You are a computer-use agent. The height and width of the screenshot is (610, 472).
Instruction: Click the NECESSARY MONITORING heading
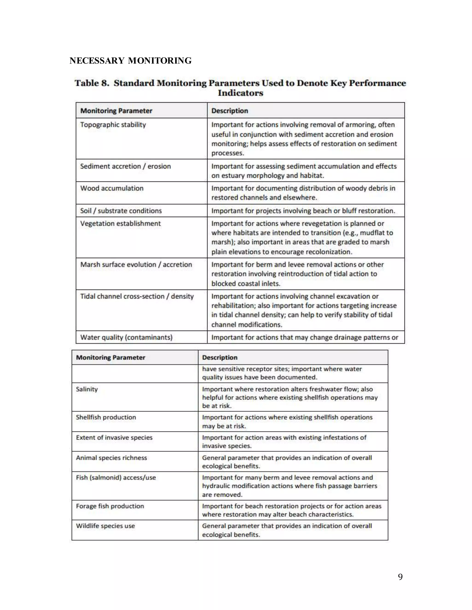click(x=130, y=61)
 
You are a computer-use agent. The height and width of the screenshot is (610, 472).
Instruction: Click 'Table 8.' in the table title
click(x=92, y=83)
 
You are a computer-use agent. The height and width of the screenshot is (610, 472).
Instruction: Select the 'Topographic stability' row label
click(x=113, y=125)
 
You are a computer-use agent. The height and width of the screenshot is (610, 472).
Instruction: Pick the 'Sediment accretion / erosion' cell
click(x=125, y=166)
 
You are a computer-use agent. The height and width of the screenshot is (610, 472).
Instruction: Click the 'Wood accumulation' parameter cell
click(x=112, y=188)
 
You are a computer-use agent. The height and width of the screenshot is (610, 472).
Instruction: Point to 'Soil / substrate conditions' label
click(x=121, y=211)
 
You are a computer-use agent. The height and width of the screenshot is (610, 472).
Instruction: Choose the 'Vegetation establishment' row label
click(x=120, y=224)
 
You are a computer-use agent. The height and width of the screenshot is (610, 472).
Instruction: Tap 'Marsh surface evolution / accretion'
click(x=136, y=265)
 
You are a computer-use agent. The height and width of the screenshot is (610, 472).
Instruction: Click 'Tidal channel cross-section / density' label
click(x=137, y=297)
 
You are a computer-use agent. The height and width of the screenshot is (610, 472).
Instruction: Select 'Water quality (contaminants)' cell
click(x=126, y=337)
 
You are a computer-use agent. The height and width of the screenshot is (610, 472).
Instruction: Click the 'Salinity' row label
click(x=87, y=389)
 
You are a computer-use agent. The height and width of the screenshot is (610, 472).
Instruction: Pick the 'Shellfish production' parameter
click(x=106, y=417)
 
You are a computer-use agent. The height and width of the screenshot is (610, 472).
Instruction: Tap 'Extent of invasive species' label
click(x=114, y=438)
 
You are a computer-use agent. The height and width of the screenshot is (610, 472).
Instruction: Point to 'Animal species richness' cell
click(x=111, y=458)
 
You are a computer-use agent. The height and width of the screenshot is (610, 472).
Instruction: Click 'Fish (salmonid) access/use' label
click(x=116, y=478)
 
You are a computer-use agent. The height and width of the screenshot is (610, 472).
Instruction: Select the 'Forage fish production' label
click(x=110, y=506)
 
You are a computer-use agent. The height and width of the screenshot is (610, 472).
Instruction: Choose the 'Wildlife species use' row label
click(x=105, y=526)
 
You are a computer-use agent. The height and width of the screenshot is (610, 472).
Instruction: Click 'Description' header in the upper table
click(x=230, y=111)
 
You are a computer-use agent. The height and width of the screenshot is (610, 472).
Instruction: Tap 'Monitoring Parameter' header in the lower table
click(x=110, y=358)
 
